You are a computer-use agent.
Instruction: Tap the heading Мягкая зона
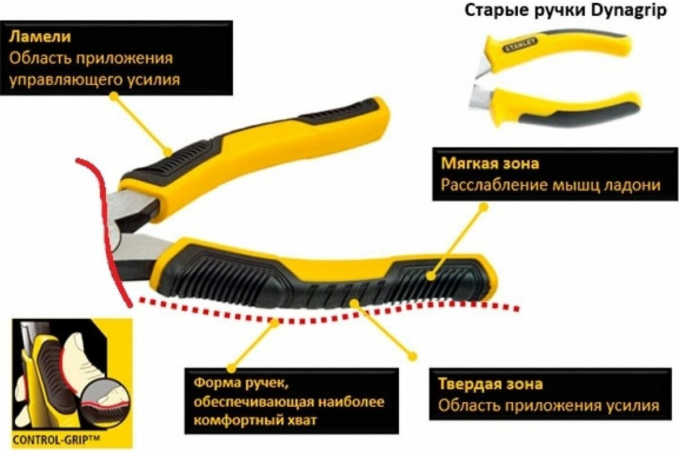pos(490,164)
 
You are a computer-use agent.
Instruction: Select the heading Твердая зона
pos(490,384)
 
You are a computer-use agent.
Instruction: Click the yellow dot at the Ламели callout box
pos(114,97)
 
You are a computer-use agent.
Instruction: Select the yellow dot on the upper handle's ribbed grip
pos(167,151)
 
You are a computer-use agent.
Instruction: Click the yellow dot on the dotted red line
pos(276,322)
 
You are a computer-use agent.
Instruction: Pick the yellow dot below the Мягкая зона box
pos(483,207)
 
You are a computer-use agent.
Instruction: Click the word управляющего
pos(64,80)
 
